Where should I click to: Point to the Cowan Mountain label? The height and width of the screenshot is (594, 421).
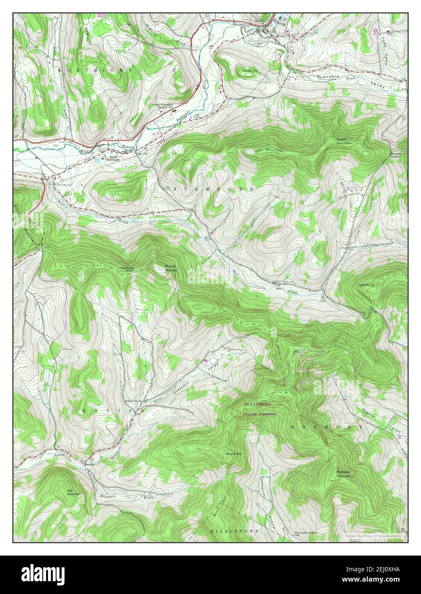[x=343, y=141]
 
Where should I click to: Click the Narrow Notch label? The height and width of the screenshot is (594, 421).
[x=397, y=155]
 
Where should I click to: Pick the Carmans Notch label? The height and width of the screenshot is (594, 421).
[x=127, y=269]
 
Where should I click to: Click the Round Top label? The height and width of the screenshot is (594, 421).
[x=231, y=453]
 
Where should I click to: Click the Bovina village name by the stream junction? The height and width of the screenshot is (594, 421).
[x=89, y=464]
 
